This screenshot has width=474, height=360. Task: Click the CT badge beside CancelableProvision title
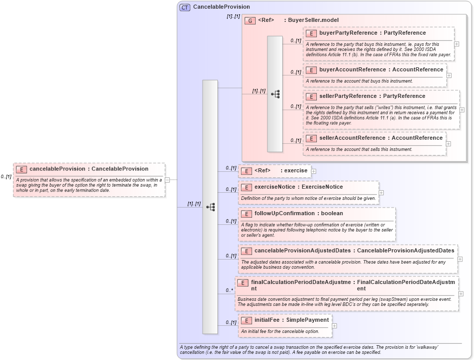[x=185, y=7]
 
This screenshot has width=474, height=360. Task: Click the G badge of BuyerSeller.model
[x=250, y=20]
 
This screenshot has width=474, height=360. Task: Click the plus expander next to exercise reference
[x=314, y=171]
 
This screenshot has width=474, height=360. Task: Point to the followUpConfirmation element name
[x=284, y=214]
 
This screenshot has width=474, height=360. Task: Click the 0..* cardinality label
[x=229, y=290]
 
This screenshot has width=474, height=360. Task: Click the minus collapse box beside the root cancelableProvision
[x=174, y=179]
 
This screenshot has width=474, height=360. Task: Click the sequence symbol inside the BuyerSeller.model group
[x=275, y=94]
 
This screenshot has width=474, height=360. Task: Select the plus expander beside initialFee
[x=335, y=325]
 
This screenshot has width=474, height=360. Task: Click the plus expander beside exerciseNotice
[x=381, y=193]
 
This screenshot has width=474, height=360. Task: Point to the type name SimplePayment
[x=307, y=320]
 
